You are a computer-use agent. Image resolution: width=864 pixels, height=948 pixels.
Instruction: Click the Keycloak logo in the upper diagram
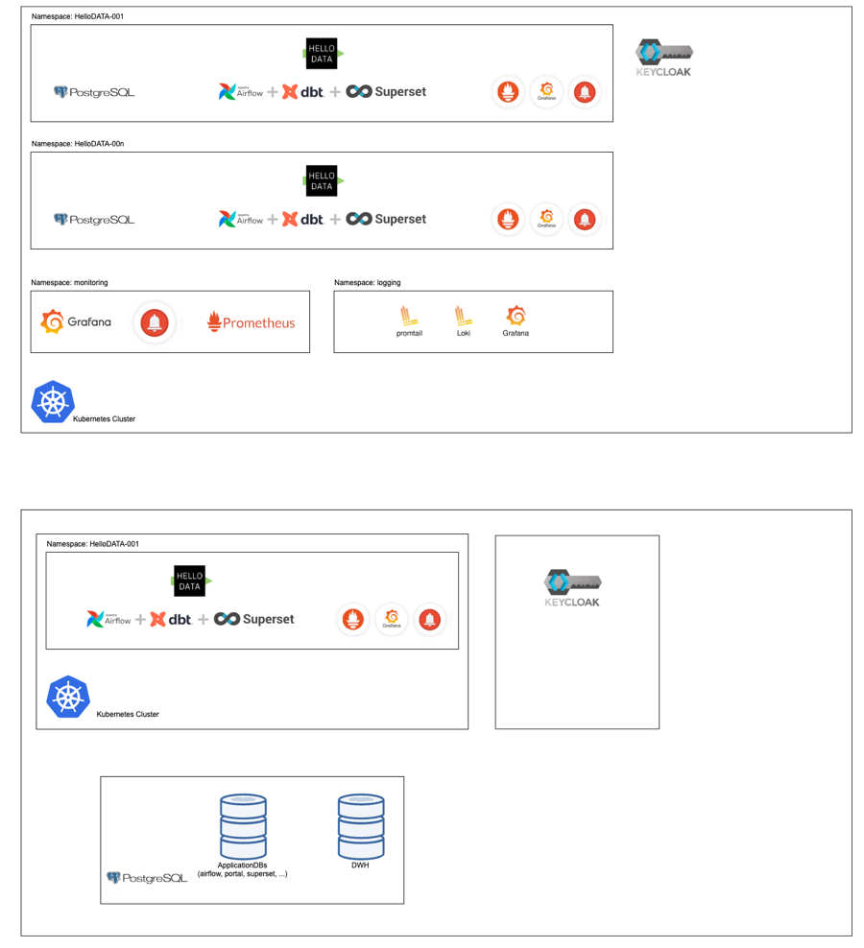(x=664, y=58)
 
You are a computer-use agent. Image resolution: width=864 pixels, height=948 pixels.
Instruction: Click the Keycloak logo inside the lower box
(x=573, y=587)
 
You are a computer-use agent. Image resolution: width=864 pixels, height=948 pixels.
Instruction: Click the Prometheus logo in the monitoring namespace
(x=252, y=322)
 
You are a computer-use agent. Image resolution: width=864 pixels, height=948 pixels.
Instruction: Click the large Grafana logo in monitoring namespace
(x=76, y=322)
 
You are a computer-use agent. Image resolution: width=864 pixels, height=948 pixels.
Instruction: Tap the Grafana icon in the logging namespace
(x=516, y=316)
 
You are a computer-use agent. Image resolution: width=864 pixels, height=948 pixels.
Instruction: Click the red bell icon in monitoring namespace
(x=155, y=322)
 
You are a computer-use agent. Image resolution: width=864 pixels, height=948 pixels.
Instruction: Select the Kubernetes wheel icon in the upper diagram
(x=53, y=402)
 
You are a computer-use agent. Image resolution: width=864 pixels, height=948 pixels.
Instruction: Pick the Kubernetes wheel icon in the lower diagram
(x=68, y=697)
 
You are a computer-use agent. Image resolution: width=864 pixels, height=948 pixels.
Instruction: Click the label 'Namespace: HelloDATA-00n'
(x=78, y=144)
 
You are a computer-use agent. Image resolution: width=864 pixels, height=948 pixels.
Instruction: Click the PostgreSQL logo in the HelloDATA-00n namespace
(x=94, y=220)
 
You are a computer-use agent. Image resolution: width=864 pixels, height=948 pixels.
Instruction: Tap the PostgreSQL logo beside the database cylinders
(x=147, y=878)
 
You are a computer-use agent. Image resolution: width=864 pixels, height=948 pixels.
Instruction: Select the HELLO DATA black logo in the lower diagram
(x=190, y=581)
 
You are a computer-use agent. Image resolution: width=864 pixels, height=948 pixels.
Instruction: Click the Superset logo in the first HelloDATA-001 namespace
(x=386, y=92)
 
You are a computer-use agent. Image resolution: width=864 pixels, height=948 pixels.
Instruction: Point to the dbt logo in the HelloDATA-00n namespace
(x=302, y=219)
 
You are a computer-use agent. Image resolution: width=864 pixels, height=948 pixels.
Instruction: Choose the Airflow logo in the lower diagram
(x=108, y=620)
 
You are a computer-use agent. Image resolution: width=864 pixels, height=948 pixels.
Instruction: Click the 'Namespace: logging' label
(x=367, y=283)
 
